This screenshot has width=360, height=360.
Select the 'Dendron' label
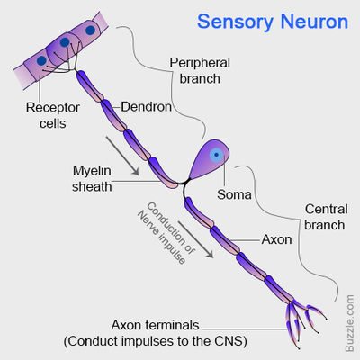pos(145,105)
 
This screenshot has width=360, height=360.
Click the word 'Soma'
pos(235,193)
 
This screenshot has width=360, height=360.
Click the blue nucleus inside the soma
pos(216,154)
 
